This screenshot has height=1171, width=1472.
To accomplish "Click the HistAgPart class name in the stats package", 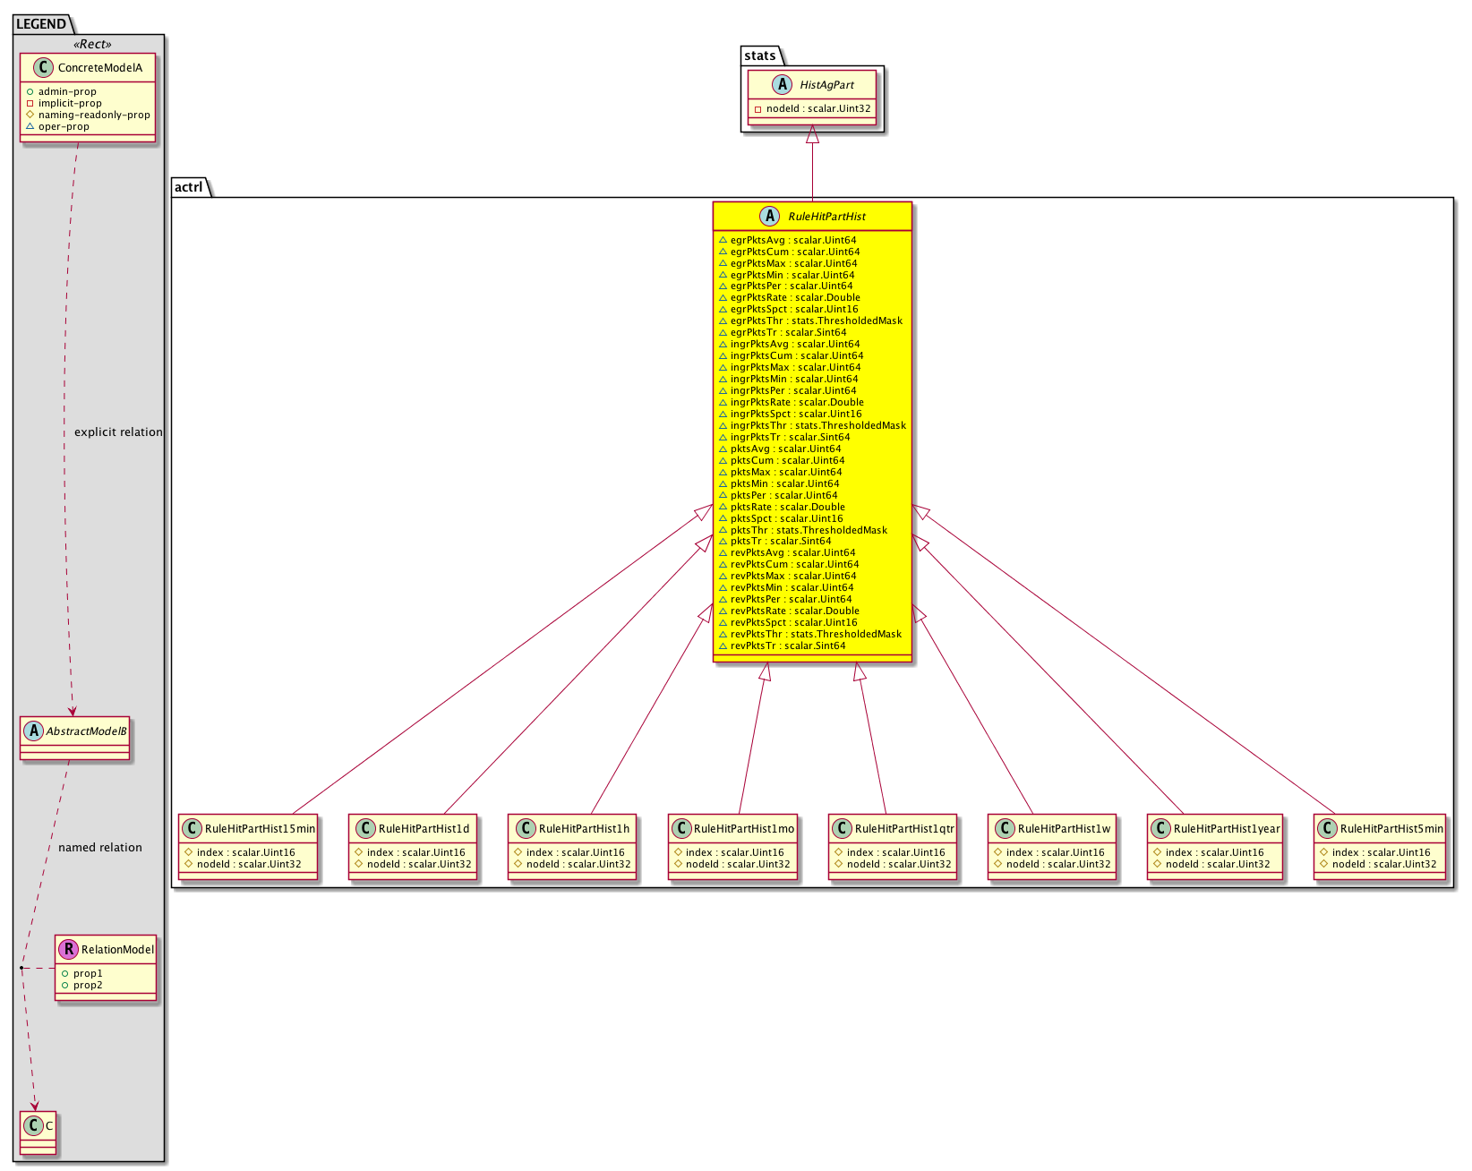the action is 826,85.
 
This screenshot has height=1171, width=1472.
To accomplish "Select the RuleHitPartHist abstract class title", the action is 826,216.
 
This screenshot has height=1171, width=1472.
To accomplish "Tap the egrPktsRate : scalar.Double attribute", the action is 795,297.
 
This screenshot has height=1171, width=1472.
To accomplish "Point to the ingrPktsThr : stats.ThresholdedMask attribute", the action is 817,425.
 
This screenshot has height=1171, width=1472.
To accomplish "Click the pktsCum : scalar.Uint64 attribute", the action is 787,460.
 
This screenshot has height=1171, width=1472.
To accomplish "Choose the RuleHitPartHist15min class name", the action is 260,828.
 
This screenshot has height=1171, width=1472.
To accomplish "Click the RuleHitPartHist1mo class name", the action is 743,828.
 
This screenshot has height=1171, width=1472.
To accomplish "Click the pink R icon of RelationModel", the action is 68,949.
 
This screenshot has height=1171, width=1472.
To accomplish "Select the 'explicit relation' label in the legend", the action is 118,432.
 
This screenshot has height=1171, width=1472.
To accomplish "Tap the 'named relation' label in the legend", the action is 100,847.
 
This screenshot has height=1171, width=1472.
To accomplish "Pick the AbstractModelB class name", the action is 86,731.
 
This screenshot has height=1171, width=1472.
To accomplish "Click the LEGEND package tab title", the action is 41,24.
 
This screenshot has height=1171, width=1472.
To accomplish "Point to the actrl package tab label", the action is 188,187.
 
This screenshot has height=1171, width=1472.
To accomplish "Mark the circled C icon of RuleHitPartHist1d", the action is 365,828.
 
